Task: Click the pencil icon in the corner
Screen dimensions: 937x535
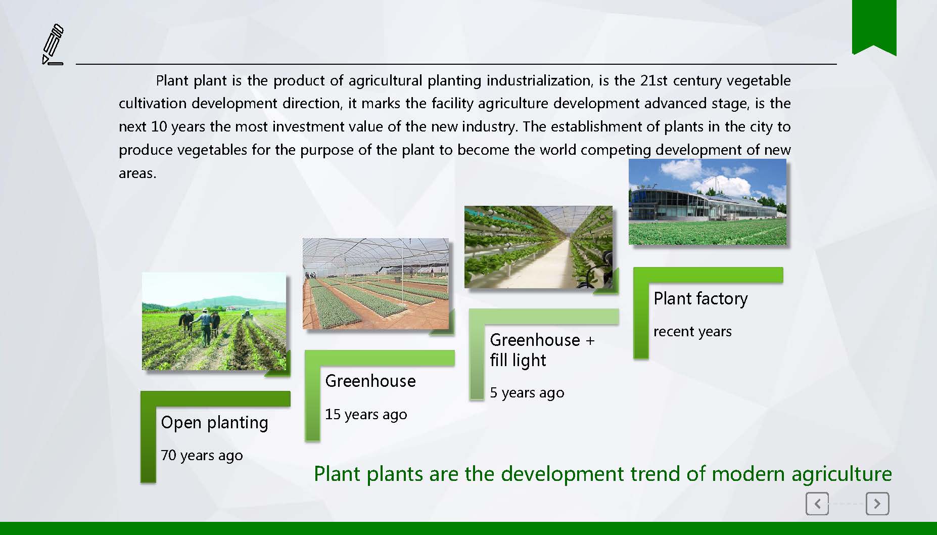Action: (53, 44)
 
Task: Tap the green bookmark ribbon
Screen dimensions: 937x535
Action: (874, 26)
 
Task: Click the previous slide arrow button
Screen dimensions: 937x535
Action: (817, 504)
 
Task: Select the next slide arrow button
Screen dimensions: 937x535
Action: (877, 504)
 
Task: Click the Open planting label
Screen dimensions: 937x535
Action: (214, 423)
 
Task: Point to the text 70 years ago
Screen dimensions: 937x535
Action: (202, 456)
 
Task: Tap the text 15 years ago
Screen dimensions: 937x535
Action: (366, 415)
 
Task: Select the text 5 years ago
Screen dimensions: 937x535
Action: (527, 393)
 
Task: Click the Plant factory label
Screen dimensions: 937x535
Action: (700, 299)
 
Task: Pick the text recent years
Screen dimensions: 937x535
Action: (692, 332)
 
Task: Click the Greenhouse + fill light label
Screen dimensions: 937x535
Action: (542, 350)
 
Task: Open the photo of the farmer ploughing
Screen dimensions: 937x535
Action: (214, 321)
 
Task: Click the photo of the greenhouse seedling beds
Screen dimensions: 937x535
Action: (376, 284)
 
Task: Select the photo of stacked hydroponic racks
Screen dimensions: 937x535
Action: (538, 247)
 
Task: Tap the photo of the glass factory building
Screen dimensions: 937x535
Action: (708, 202)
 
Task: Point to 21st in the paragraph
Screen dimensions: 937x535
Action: (654, 81)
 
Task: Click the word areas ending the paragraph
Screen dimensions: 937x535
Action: (137, 173)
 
